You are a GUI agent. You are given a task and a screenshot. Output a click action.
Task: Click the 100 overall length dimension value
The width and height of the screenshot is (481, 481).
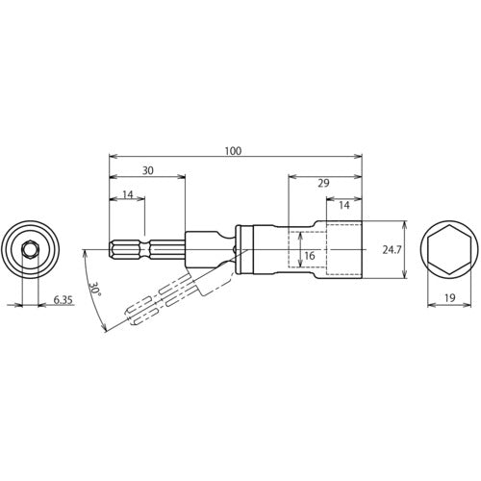coord(234,150)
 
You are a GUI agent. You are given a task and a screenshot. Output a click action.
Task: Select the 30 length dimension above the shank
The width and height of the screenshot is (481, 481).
coord(146,169)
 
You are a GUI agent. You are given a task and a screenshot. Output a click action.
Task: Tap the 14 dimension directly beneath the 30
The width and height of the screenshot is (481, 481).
coord(127,194)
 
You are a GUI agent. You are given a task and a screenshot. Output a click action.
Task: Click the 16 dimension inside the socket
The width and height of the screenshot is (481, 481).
coord(310,256)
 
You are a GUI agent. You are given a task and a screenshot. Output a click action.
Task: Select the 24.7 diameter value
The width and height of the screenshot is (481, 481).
coord(391,249)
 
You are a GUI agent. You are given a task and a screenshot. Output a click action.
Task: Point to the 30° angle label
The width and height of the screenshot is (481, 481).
coord(94,289)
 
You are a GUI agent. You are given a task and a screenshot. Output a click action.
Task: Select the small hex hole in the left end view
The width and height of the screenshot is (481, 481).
coord(30,249)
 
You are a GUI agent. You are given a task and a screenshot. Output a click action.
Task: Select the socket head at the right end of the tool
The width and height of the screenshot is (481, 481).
coord(343,249)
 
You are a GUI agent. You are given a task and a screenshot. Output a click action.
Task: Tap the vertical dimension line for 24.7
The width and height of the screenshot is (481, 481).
coord(403,249)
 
